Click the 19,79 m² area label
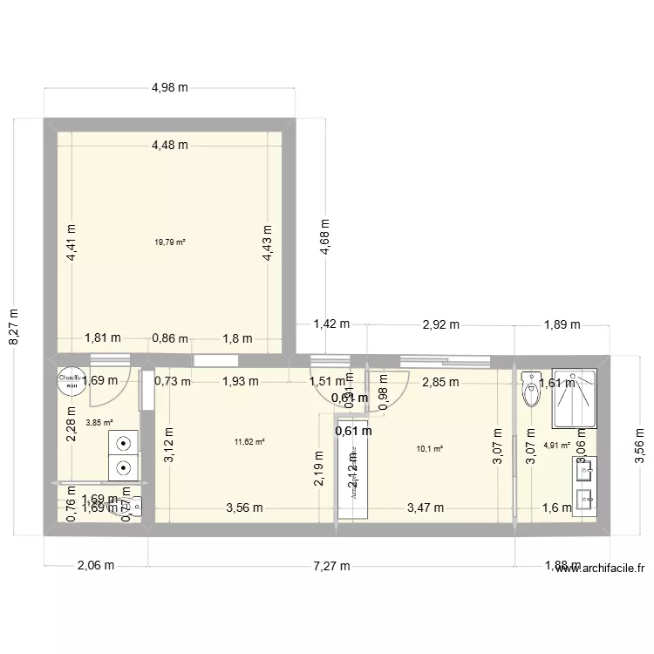[x=170, y=243]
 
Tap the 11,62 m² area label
[x=249, y=442]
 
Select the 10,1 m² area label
[x=430, y=450]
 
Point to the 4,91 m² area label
[x=556, y=445]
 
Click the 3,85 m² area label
[x=99, y=425]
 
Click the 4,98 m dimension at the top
[x=170, y=87]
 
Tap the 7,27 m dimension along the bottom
[x=331, y=565]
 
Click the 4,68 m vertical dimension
[x=325, y=235]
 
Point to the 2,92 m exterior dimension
[x=440, y=324]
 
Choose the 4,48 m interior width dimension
[x=169, y=146]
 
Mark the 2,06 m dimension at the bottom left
[x=95, y=565]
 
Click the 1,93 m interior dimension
[x=240, y=381]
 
